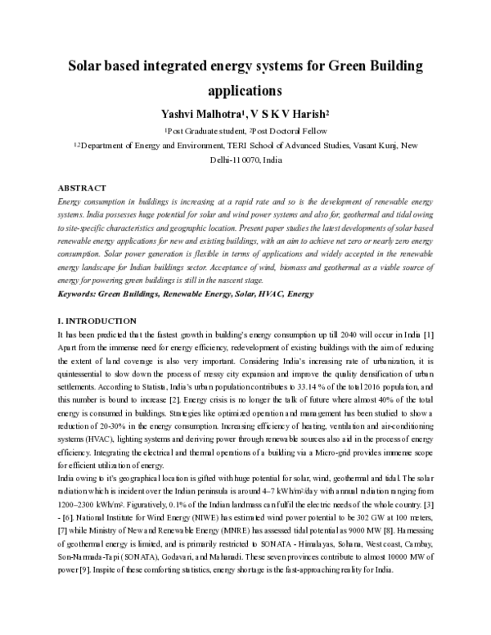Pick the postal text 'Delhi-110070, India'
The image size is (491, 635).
[x=245, y=160]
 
